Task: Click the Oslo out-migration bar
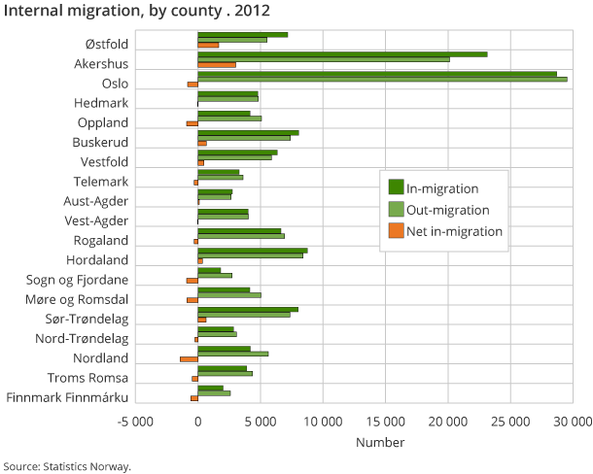[x=382, y=79]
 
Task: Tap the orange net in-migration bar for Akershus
[x=216, y=65]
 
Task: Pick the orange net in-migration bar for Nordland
[x=189, y=358]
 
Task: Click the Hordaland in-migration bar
[x=252, y=250]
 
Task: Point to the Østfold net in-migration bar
[x=208, y=46]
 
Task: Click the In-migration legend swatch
[x=396, y=187]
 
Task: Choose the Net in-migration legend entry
[x=454, y=231]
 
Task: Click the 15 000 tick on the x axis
[x=385, y=422]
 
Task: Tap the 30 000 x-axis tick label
[x=572, y=422]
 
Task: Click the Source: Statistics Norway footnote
[x=67, y=465]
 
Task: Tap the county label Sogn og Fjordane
[x=77, y=280]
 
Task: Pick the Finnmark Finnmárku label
[x=67, y=397]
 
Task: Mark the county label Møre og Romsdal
[x=76, y=299]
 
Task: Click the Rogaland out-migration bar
[x=240, y=236]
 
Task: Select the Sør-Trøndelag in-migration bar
[x=248, y=309]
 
